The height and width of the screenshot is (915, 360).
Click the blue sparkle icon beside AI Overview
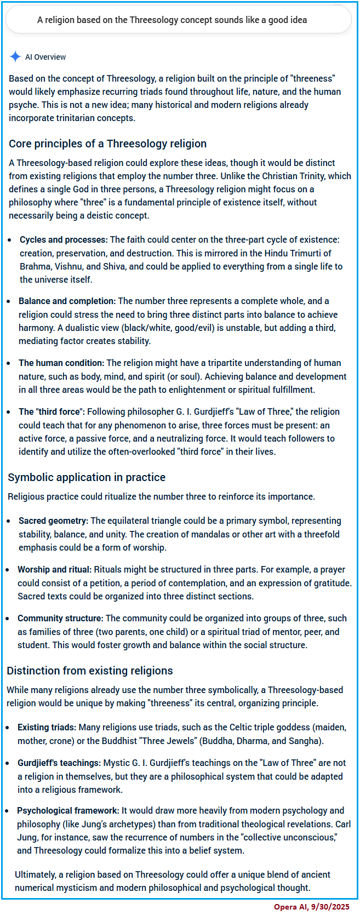pos(15,56)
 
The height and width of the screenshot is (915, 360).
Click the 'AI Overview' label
pos(45,57)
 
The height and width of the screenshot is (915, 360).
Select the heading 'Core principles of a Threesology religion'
pos(107,144)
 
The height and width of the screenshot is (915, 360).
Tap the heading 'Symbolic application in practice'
pos(87,477)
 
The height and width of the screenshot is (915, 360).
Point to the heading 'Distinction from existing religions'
pos(90,671)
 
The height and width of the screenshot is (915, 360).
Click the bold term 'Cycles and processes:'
pos(64,240)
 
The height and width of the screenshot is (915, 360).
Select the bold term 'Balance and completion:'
pos(67,301)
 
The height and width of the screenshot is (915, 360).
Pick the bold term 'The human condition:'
pos(61,363)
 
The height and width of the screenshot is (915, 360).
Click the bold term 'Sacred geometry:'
pos(53,521)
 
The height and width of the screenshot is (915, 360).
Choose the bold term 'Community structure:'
pos(60,618)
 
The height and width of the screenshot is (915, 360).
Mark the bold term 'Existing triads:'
pos(47,727)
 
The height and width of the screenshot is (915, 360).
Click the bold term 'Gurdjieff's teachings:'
pos(59,763)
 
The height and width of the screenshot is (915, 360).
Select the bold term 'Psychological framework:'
pos(68,810)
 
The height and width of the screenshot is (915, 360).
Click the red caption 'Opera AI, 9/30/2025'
pos(312,907)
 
